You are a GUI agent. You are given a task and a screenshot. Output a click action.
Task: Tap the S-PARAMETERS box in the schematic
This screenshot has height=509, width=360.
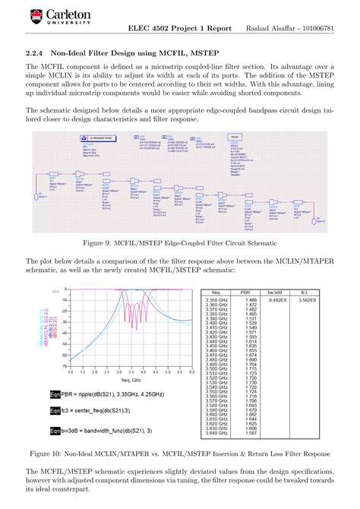click(x=96, y=138)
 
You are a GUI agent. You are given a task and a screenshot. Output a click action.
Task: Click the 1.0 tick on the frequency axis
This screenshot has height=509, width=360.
click(x=70, y=372)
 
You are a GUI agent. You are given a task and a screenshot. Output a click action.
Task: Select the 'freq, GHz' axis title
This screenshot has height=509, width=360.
click(x=131, y=381)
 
